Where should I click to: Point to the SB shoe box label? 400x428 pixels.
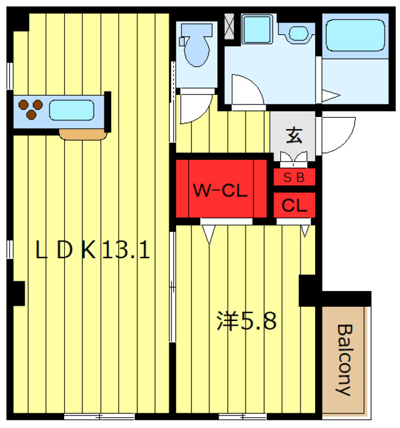(x=294, y=178)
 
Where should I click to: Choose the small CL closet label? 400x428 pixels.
(x=294, y=206)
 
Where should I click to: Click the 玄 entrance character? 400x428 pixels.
(x=294, y=135)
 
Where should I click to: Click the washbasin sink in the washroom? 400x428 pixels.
(x=298, y=33)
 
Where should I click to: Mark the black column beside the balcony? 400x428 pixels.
(x=309, y=289)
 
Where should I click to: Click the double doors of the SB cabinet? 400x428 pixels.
(x=294, y=159)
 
